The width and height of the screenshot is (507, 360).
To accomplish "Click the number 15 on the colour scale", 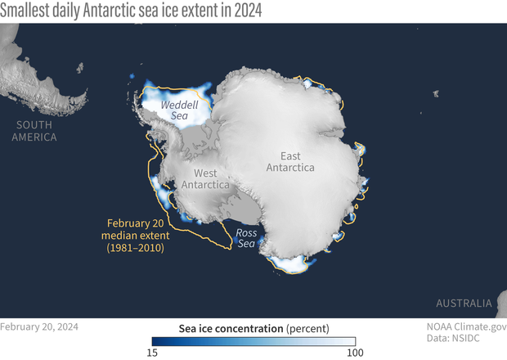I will [x=152, y=353].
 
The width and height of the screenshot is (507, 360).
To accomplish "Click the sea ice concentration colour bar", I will [x=253, y=342].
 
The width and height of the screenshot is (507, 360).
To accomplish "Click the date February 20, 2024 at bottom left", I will [x=40, y=326].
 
